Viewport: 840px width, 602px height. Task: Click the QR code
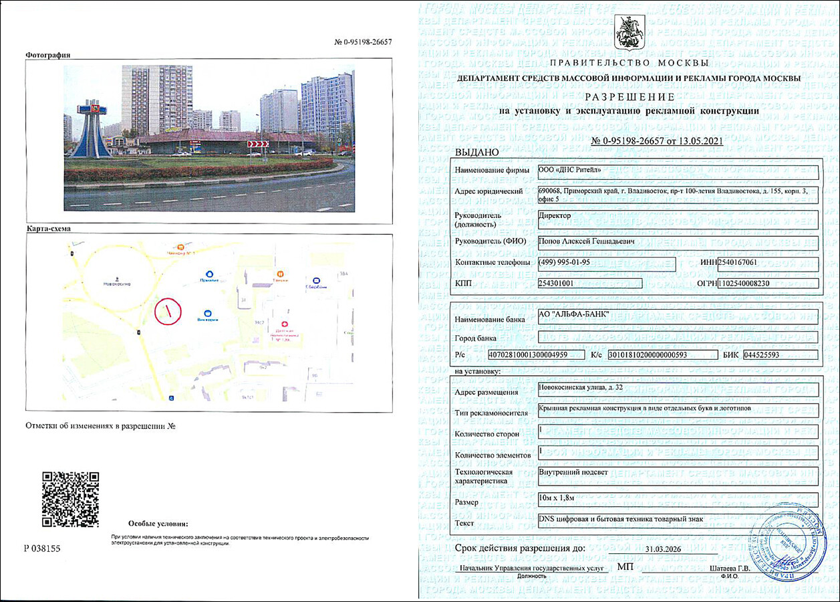click(71, 499)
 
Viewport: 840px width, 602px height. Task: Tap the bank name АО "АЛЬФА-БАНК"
click(573, 315)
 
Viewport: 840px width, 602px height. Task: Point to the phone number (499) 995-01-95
click(564, 262)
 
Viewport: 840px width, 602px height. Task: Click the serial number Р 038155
click(42, 548)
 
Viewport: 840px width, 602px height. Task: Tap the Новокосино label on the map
click(116, 284)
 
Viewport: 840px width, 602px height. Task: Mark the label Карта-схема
click(48, 229)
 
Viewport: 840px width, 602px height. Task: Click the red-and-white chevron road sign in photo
click(258, 144)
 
